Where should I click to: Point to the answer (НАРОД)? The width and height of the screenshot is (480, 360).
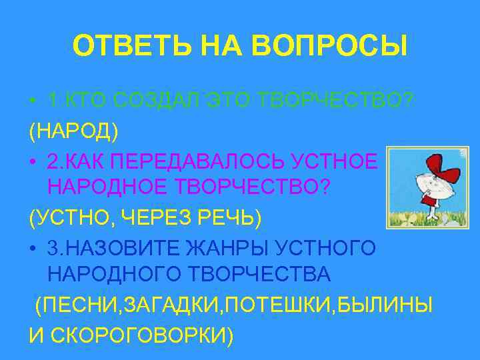coord(73,131)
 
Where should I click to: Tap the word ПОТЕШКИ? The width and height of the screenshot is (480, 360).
coord(285,305)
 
